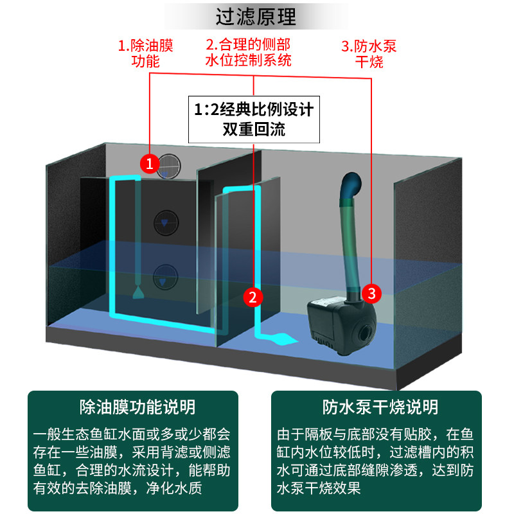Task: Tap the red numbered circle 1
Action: (150, 164)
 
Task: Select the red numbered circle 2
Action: (253, 296)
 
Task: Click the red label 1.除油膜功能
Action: (145, 53)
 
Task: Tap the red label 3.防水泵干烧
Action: (369, 53)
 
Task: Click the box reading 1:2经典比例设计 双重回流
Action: (254, 119)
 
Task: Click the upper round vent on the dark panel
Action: (167, 223)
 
